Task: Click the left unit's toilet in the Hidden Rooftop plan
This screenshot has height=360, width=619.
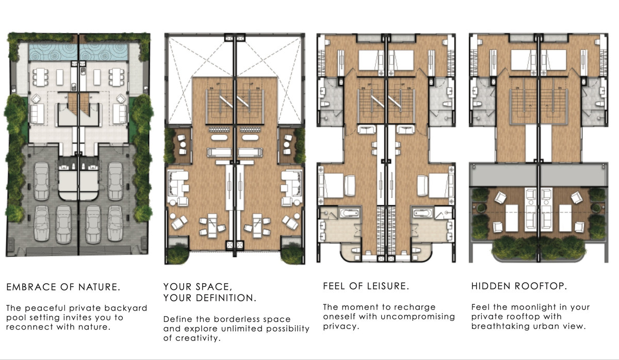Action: [479, 103]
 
